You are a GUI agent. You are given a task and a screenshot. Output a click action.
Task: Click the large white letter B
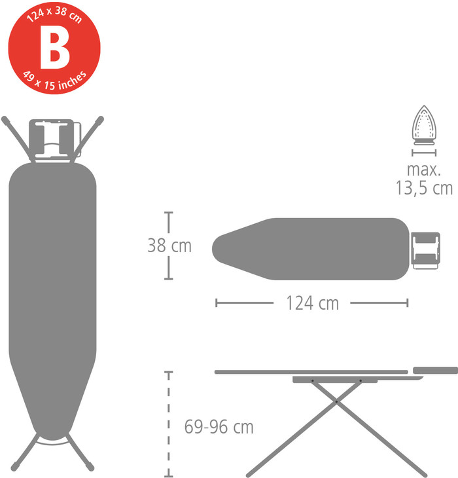click(54, 47)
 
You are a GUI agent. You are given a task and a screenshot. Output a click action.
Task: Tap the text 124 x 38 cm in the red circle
click(54, 14)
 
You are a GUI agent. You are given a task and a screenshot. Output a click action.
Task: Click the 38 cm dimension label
click(169, 246)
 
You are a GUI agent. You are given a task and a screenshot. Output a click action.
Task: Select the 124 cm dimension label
click(312, 303)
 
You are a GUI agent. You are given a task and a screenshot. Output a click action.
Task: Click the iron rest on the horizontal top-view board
click(425, 250)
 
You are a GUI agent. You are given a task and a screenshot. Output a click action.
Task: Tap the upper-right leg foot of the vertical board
click(100, 120)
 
